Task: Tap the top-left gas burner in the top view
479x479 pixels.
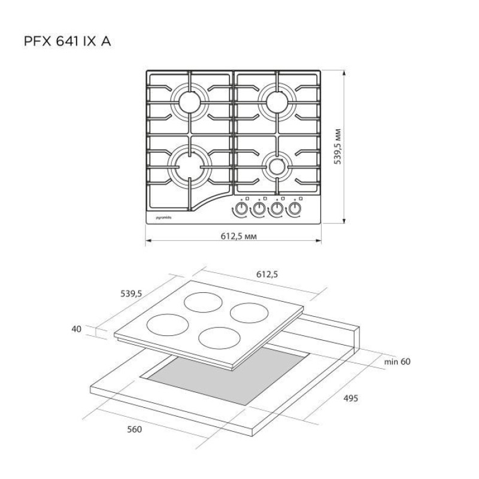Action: (190, 100)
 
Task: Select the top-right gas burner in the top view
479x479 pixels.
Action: (277, 100)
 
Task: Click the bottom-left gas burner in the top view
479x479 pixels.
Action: (190, 163)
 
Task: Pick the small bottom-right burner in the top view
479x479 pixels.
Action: (277, 165)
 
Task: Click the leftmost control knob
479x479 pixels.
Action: (240, 209)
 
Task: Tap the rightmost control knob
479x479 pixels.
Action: (295, 209)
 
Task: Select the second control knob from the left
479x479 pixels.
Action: (259, 209)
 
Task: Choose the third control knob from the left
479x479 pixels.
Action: (277, 209)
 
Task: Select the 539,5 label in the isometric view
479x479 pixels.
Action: (131, 293)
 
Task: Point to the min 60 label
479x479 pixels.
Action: (397, 362)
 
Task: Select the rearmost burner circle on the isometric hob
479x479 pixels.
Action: (202, 302)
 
